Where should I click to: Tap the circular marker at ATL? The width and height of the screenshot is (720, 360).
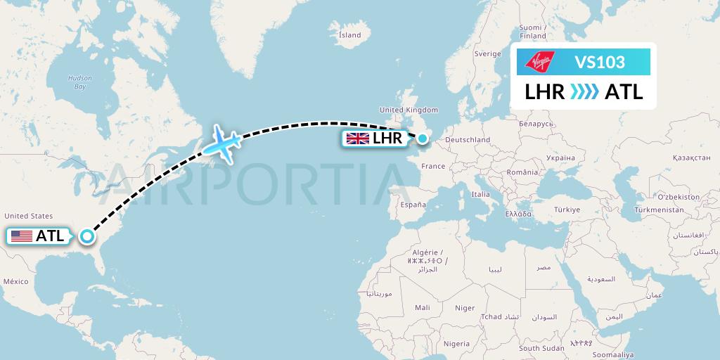click(x=86, y=236)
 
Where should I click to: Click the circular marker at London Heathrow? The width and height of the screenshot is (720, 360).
click(x=422, y=139)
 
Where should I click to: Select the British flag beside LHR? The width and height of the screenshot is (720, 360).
click(x=357, y=139)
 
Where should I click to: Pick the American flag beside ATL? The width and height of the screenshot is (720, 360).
click(x=22, y=236)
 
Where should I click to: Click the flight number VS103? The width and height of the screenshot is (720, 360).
click(x=600, y=62)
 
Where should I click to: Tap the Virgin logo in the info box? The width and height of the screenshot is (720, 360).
click(x=541, y=61)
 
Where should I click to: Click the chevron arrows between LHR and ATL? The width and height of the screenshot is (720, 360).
click(x=584, y=92)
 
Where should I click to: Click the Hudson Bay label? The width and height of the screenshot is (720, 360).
click(x=75, y=82)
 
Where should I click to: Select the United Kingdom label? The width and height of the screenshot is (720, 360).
click(x=409, y=110)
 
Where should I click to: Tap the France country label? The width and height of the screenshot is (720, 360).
click(x=433, y=167)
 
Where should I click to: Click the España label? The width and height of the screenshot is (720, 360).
click(x=413, y=205)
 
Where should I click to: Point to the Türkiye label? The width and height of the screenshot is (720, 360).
click(x=566, y=210)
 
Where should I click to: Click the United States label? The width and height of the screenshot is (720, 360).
click(x=28, y=216)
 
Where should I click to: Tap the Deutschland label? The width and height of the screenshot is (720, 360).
click(x=467, y=140)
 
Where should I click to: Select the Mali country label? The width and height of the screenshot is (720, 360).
click(x=423, y=307)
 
